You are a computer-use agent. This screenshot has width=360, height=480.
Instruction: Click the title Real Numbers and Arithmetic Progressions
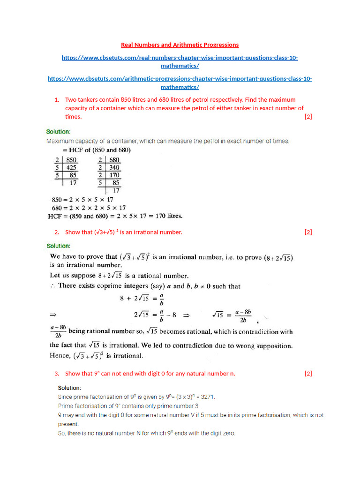pos(180,45)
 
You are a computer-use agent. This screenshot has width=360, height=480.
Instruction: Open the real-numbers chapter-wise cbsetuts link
pos(180,58)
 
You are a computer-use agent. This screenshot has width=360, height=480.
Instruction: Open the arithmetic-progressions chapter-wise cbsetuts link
pos(180,79)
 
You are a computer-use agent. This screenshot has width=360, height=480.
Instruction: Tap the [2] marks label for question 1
pos(308,116)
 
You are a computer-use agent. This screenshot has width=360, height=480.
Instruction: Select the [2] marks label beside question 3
pos(308,373)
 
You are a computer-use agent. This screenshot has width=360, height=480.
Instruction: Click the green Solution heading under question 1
pos(58,131)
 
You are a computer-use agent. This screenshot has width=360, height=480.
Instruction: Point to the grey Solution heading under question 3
pos(69,388)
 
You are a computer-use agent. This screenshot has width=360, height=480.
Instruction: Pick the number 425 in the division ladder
pos(71,167)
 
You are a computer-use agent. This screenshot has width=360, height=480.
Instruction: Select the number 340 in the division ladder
pos(114,167)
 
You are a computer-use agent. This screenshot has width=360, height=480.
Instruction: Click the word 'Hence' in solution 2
pos(59,356)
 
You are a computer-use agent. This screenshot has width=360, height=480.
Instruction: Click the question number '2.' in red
pos(56,232)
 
